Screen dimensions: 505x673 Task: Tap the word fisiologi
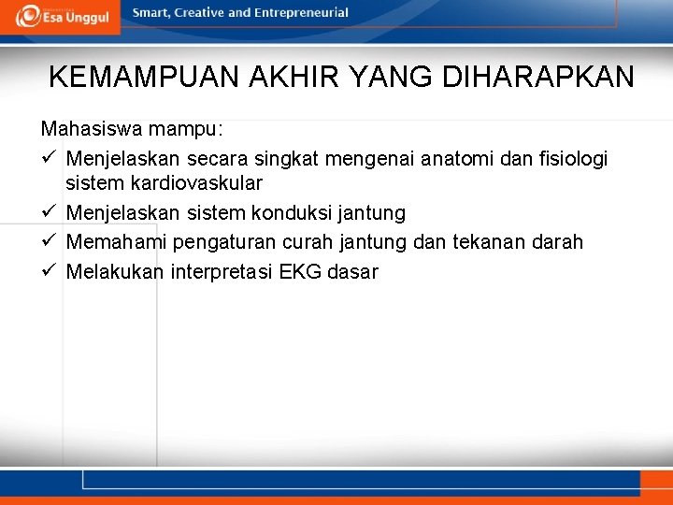pyautogui.click(x=571, y=158)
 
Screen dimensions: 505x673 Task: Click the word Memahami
pyautogui.click(x=115, y=242)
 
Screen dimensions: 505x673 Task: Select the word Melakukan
pyautogui.click(x=114, y=272)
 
